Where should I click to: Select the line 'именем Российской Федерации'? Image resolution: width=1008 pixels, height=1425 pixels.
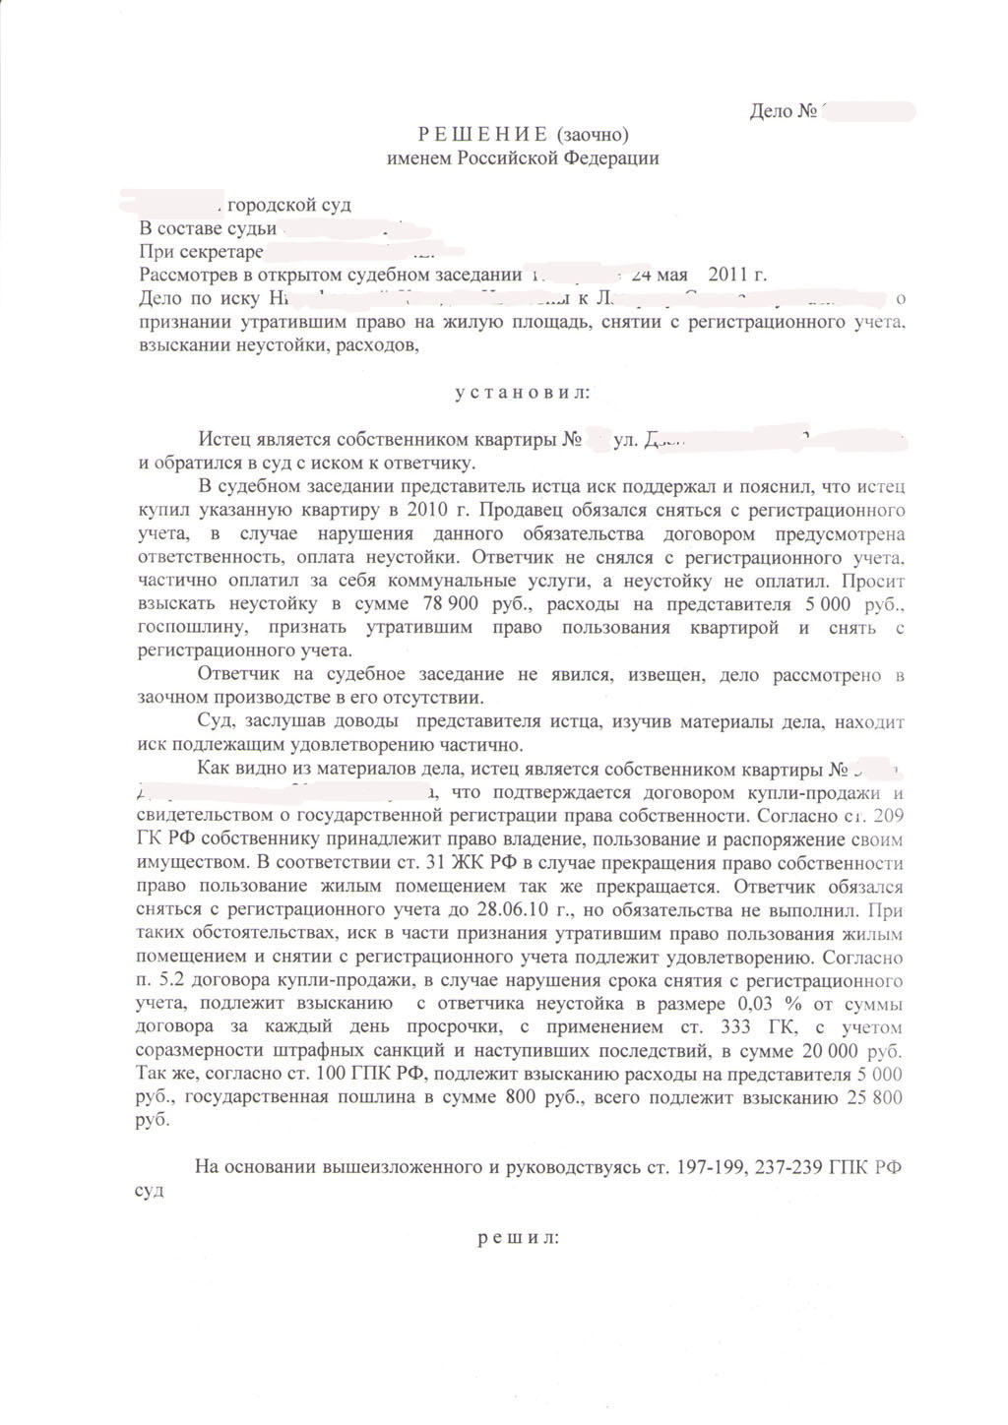523,157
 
